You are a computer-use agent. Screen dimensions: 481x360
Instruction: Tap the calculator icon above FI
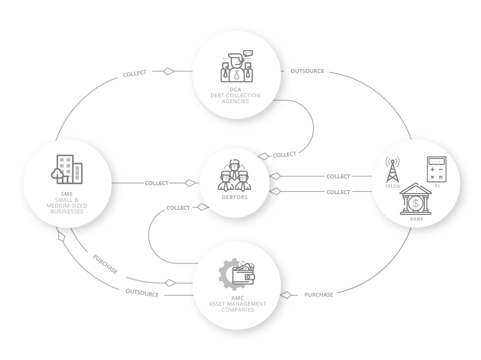point(437,169)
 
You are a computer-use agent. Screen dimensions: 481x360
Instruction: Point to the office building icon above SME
point(67,169)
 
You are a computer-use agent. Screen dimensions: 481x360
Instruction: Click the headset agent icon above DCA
point(236,66)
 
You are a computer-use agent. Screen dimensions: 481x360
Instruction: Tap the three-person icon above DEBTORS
point(234,175)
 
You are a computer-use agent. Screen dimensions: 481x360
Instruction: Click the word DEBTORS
point(235,197)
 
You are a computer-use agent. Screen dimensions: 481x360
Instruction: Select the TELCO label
point(393,187)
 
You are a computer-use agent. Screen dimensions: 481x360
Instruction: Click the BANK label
point(416,219)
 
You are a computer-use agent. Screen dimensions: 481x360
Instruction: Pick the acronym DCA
point(235,90)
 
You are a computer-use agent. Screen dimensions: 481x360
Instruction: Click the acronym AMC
point(238,298)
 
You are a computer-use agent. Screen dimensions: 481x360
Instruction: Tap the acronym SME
point(66,194)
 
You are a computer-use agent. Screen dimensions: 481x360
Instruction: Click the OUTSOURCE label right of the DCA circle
point(307,71)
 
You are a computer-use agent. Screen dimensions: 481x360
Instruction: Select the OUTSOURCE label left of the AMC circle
point(142,293)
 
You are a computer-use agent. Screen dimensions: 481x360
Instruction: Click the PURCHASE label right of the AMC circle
point(319,295)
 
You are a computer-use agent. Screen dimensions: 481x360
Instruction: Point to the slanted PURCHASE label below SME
point(105,264)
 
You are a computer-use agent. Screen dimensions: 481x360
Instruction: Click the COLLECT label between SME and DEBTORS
point(157,183)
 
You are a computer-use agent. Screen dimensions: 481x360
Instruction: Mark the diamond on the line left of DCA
point(169,71)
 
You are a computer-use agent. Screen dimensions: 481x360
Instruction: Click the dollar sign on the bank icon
point(415,203)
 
